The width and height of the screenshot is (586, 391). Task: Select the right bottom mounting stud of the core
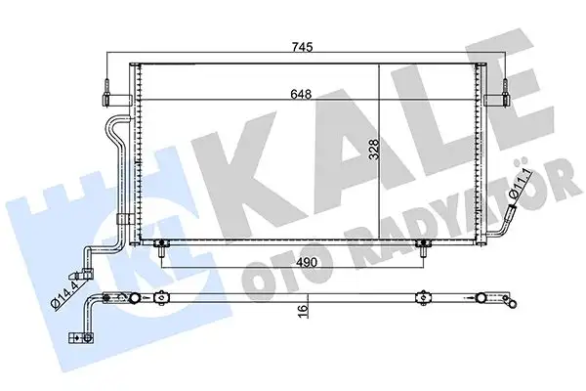click(422, 246)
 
